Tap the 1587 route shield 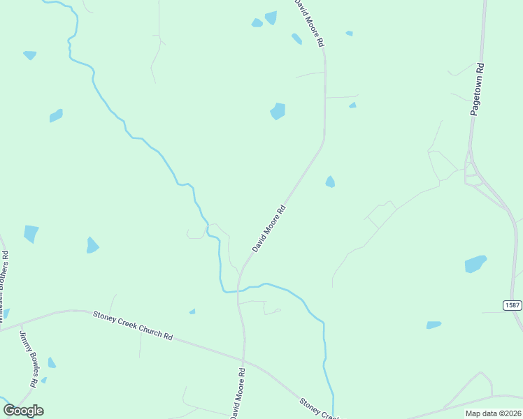coord(512,306)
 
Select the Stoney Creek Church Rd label coord(133,325)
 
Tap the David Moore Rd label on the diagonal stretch coord(269,228)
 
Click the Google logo coord(23,410)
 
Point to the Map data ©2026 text coord(493,413)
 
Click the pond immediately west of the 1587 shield coord(475,264)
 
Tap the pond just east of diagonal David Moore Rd coord(330,182)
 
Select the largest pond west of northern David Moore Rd coord(278,111)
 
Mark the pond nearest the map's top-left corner coord(29,54)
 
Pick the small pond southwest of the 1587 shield coord(434,325)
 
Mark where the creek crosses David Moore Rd coord(239,291)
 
